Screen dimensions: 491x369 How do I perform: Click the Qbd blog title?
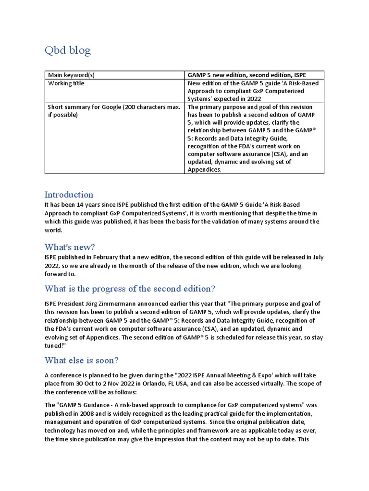67,50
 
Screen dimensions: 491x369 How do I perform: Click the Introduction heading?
69,195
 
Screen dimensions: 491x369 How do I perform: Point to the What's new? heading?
70,247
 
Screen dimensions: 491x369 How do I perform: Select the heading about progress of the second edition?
130,289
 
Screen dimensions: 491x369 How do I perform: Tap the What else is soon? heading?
81,360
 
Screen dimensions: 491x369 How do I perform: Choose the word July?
318,257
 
